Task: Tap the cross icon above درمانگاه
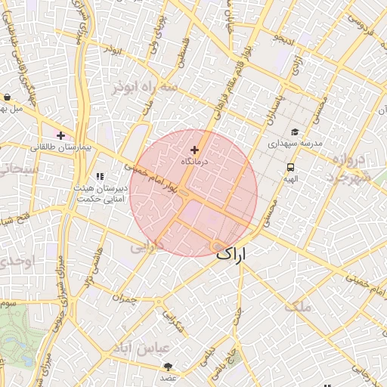195,150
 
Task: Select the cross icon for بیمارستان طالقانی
61,135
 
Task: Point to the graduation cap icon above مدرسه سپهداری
293,132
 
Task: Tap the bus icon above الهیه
290,168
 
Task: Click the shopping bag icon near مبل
7,98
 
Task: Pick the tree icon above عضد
167,366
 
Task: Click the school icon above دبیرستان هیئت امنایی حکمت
100,175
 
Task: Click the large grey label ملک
299,306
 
